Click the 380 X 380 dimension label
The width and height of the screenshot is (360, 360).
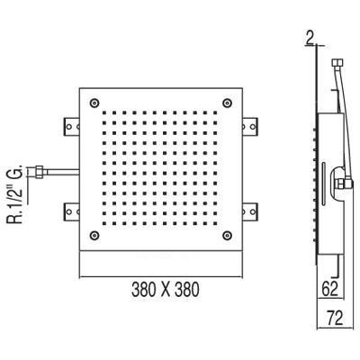coord(166,290)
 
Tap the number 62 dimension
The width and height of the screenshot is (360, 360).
coord(330,289)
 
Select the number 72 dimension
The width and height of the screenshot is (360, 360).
coord(335,318)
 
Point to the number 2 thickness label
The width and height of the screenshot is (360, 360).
coord(310,38)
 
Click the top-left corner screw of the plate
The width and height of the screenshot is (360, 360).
coord(94,103)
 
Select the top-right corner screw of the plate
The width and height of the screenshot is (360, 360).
coord(227,103)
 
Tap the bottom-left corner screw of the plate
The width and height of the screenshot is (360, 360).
coord(94,235)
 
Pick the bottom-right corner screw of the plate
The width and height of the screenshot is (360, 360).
coord(227,235)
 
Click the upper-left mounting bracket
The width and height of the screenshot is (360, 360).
coord(71,126)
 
